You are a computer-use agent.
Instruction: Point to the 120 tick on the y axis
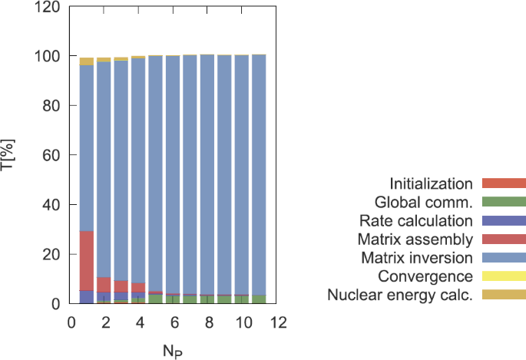point(49,7)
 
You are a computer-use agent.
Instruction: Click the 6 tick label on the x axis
point(174,322)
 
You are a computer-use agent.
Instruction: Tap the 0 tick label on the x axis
point(71,322)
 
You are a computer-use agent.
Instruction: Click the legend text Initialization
point(431,183)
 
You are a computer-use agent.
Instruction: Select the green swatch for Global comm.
point(504,202)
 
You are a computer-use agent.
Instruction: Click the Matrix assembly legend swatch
point(504,239)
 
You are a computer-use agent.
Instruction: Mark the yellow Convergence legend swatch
point(504,276)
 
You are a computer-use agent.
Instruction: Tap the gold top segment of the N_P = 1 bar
point(87,61)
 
